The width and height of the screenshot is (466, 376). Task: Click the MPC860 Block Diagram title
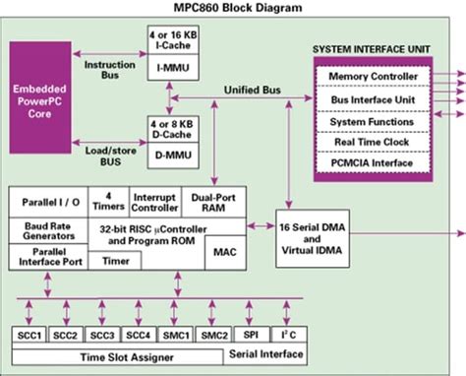[233, 8]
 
